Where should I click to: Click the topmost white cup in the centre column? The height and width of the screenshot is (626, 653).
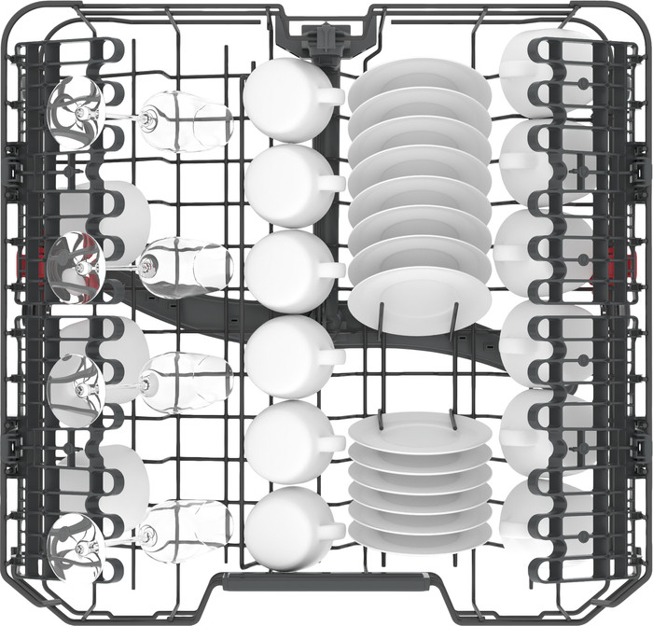tap(282, 98)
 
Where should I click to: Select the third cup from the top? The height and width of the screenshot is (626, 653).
tap(283, 271)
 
